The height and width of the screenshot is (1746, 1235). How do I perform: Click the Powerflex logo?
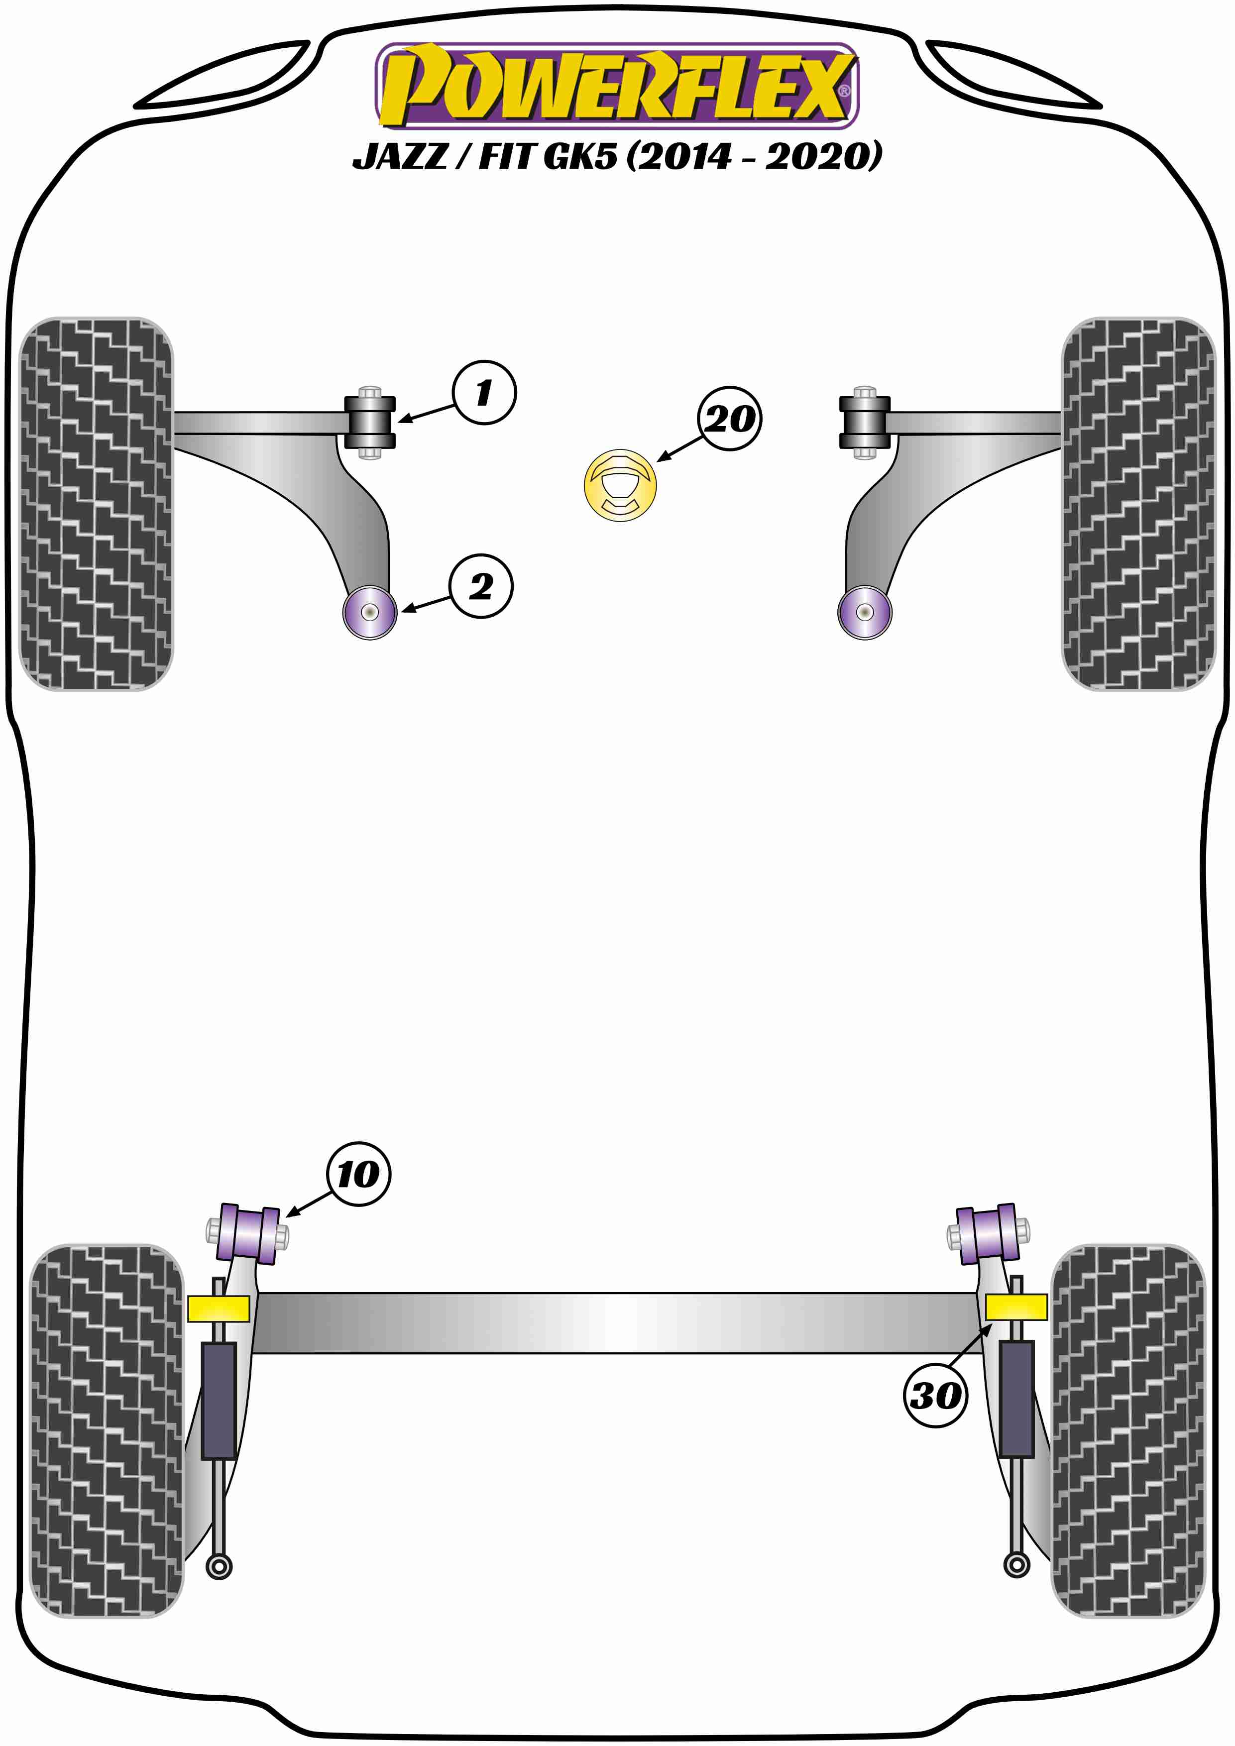click(x=617, y=85)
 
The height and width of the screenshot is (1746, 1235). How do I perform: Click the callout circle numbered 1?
click(x=484, y=392)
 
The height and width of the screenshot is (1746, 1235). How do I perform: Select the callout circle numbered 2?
click(x=481, y=586)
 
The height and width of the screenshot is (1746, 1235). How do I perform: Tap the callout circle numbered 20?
click(x=729, y=419)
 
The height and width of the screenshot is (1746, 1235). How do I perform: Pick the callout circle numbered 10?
click(x=359, y=1174)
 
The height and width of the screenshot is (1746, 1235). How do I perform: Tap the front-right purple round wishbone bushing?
click(x=865, y=612)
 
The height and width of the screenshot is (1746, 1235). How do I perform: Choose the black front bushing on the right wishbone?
click(x=865, y=422)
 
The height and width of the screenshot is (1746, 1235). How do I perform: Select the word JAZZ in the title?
click(x=400, y=157)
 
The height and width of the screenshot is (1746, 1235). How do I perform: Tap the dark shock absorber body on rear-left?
click(x=219, y=1401)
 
